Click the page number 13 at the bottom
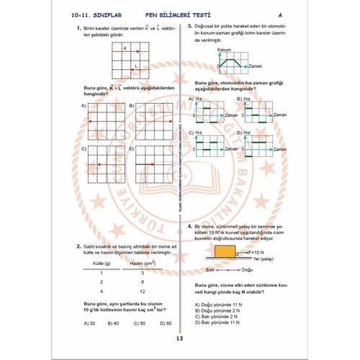pos(179,340)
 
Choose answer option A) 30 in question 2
pos(89,323)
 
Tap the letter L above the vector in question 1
pos(135,65)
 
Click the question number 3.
pos(189,26)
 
